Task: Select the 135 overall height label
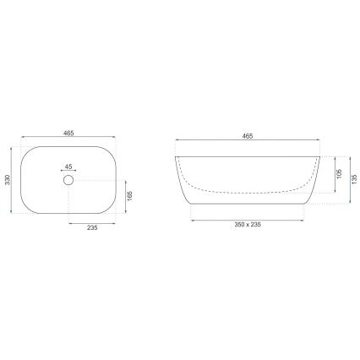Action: [x=354, y=179]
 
